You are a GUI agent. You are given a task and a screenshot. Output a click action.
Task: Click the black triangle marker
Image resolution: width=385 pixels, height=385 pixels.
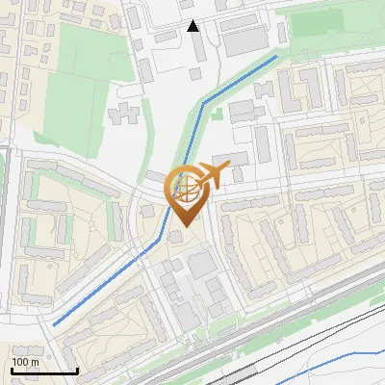193,26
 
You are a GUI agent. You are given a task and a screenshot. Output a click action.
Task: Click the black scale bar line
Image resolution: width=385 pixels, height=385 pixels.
44,371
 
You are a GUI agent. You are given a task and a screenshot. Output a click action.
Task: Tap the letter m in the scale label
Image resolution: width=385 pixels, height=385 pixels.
35,362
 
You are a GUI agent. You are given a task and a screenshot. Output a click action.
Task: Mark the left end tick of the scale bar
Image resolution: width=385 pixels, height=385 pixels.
11,369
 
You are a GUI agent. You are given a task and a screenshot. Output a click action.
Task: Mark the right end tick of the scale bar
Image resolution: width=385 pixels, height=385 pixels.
77,369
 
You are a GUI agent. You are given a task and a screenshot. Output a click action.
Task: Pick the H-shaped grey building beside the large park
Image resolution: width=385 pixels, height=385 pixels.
124,115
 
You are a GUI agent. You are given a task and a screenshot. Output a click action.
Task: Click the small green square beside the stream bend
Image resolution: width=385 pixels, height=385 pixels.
218,114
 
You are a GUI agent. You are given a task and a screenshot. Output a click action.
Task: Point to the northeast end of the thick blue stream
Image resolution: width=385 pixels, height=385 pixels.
277,56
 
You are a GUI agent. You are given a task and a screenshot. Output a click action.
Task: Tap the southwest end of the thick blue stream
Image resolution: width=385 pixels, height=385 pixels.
54,324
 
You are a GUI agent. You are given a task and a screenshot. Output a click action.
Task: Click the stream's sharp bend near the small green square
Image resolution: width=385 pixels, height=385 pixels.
203,105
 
